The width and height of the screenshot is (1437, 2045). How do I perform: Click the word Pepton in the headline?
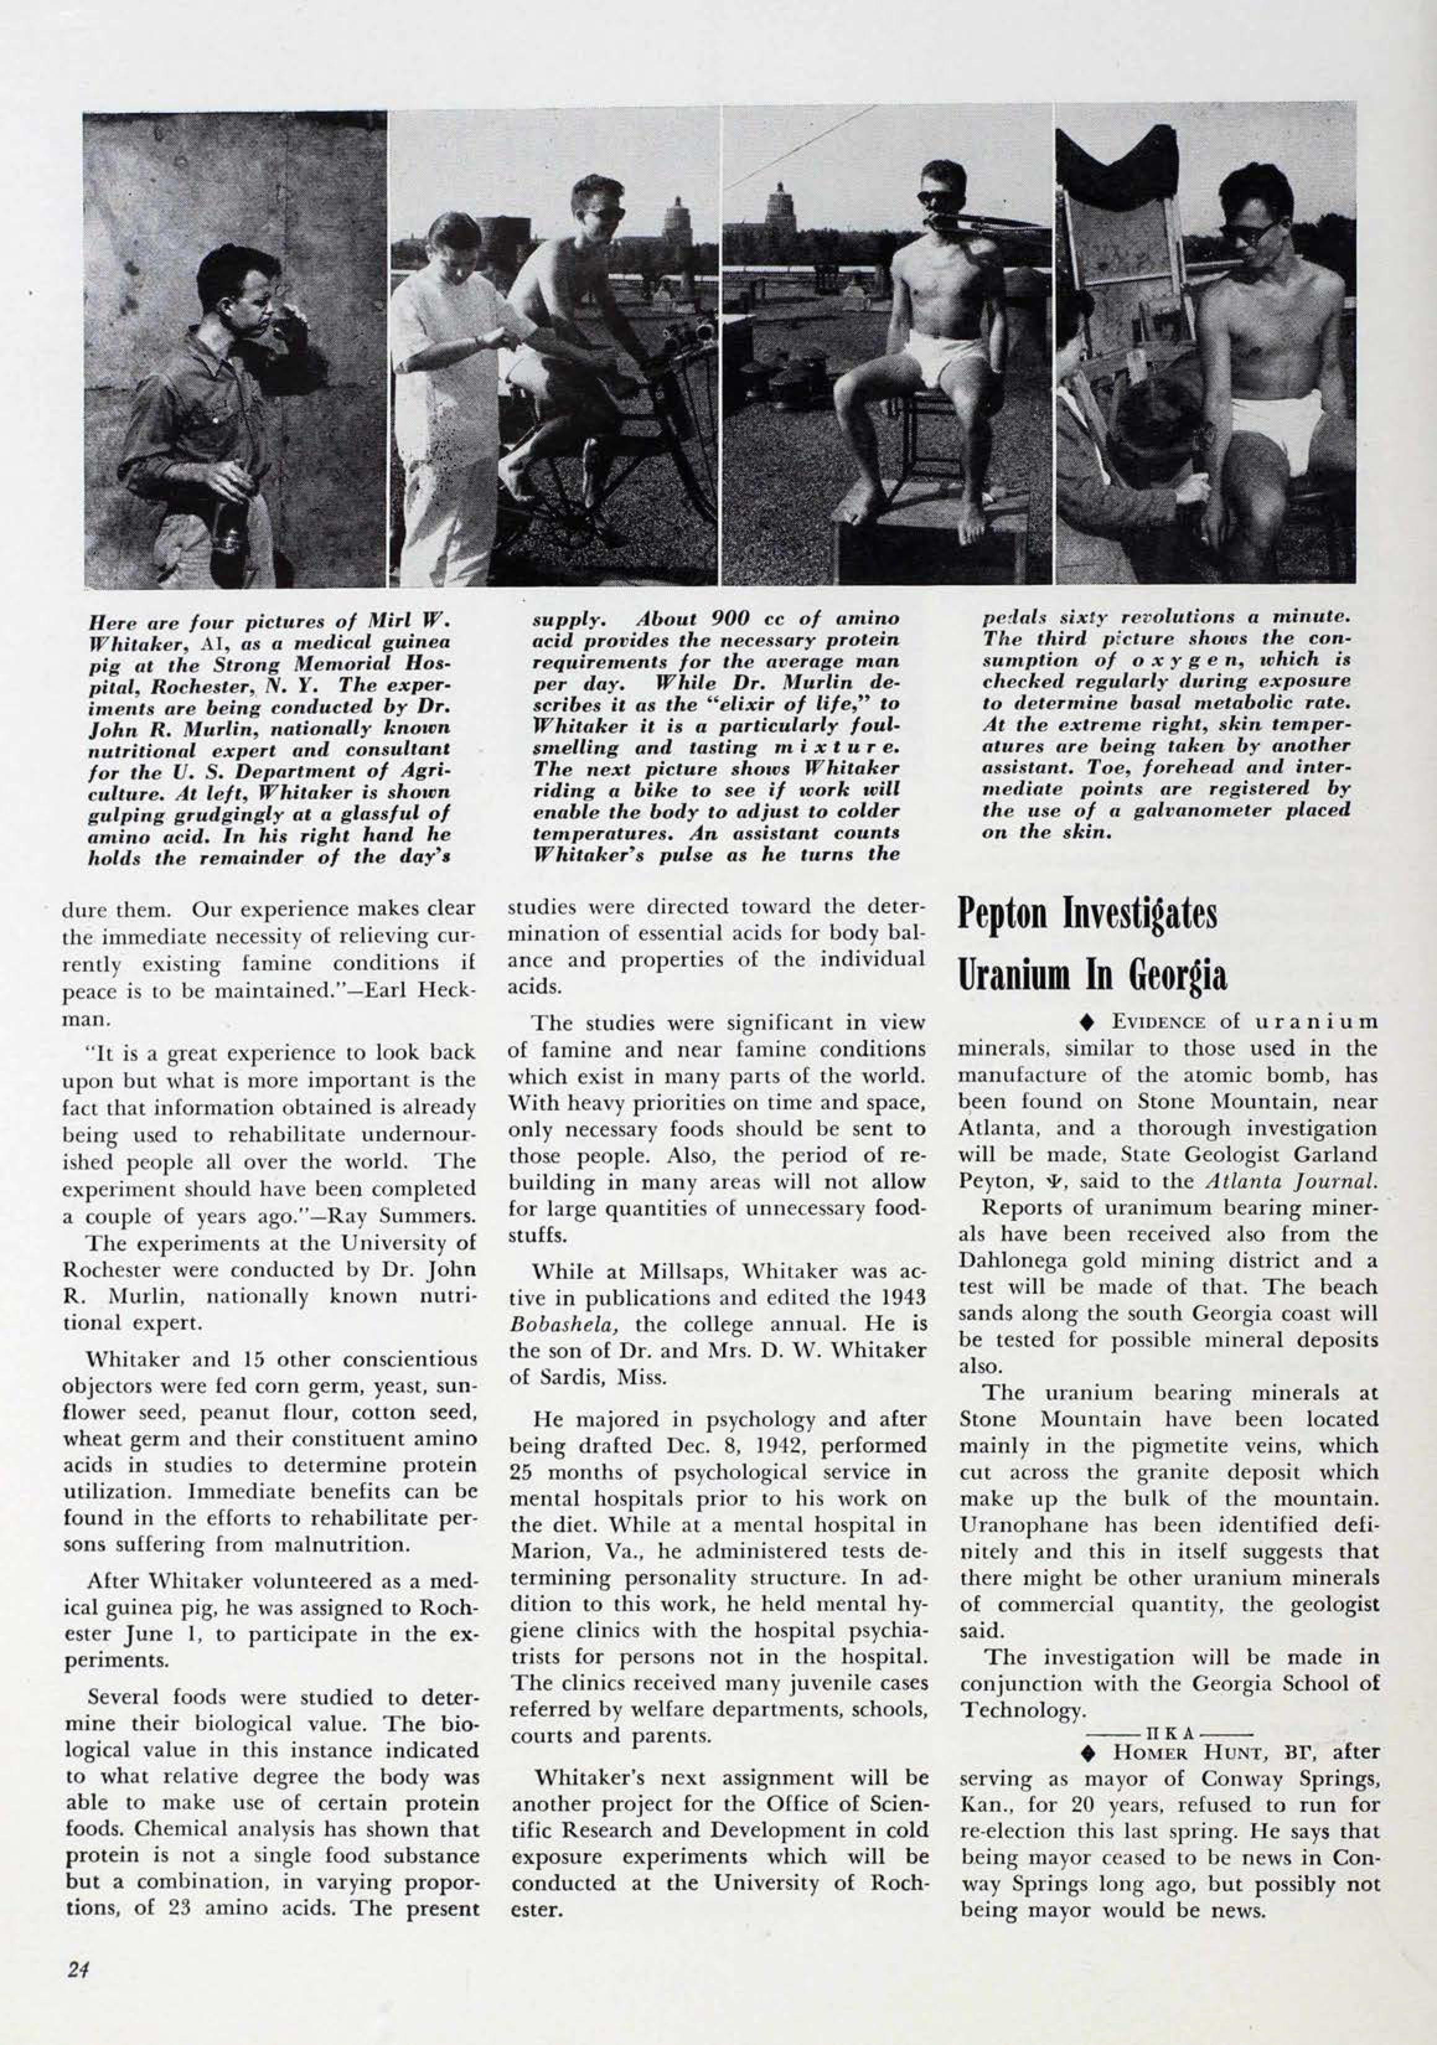point(1005,915)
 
